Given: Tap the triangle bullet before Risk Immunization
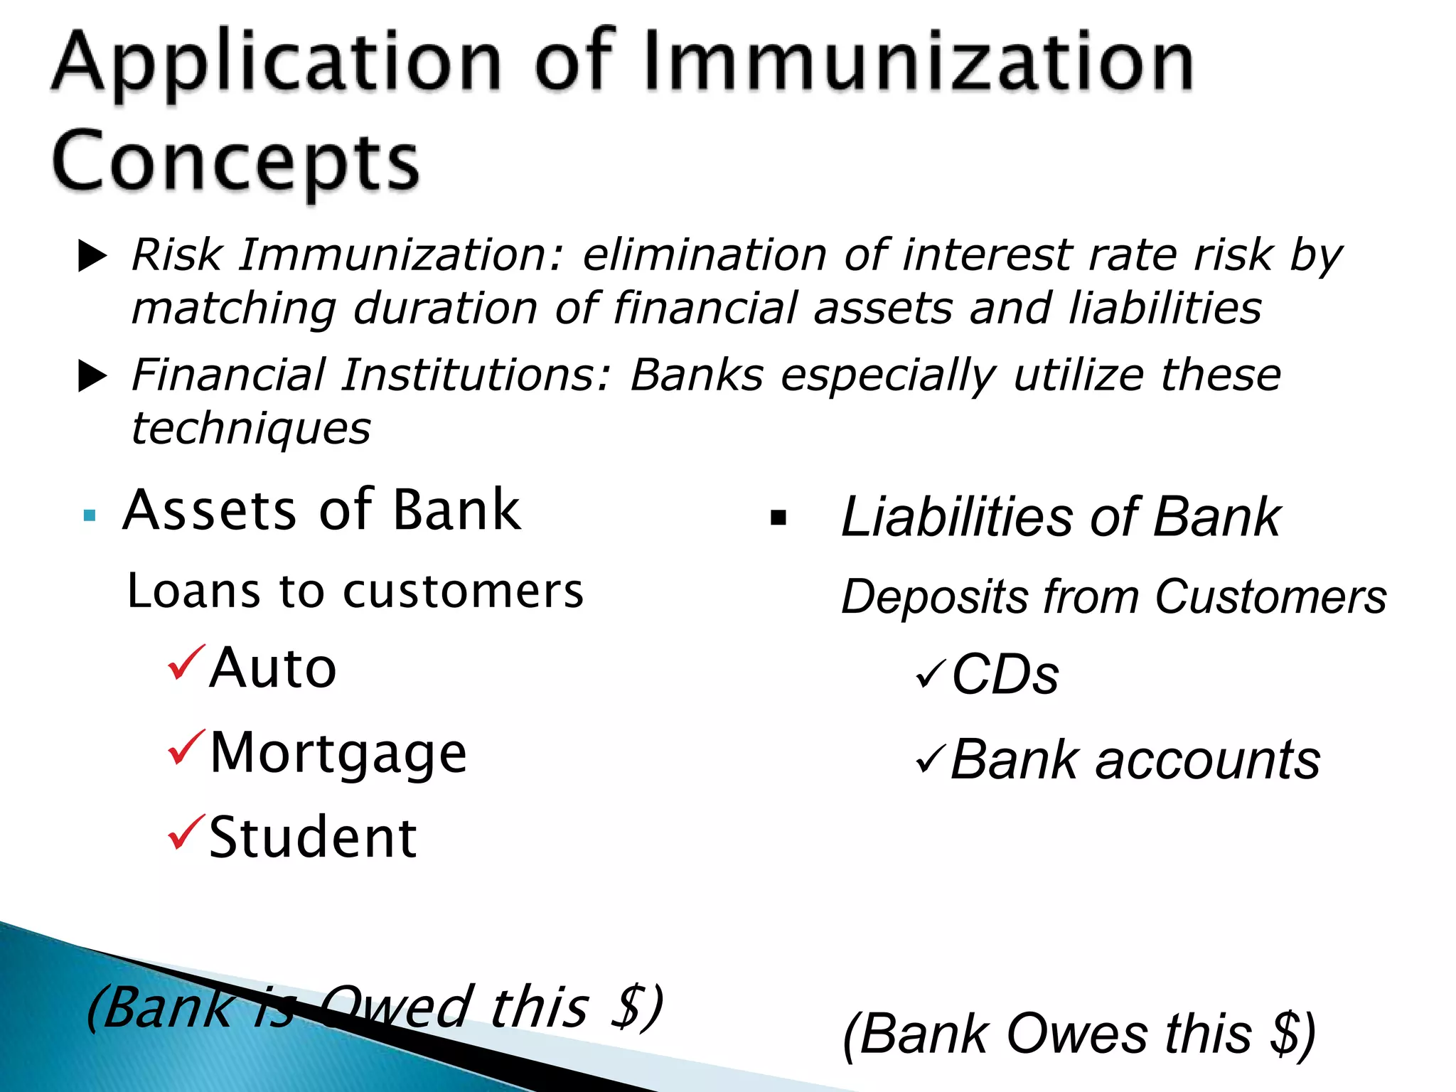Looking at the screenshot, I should point(92,256).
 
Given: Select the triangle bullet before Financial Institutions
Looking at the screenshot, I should point(92,376).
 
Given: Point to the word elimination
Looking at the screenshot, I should point(705,255).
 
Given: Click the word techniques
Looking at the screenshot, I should point(251,429).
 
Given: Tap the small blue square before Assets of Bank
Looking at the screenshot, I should point(90,515).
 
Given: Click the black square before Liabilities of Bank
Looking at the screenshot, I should point(778,518).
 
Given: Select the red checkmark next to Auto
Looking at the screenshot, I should point(186,663).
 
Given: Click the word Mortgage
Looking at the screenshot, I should point(338,754).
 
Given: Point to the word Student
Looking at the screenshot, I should point(313,837).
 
